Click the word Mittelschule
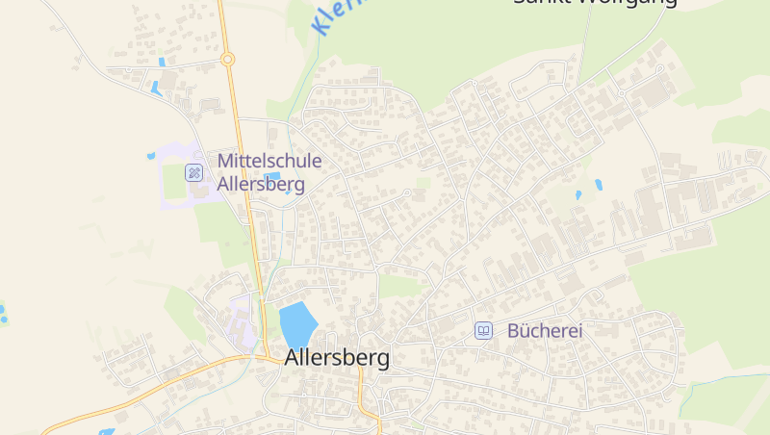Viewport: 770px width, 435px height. click(269, 161)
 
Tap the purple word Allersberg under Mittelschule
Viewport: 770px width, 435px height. click(262, 184)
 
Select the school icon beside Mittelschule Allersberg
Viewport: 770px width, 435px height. click(194, 172)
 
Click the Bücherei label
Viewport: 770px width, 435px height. click(545, 330)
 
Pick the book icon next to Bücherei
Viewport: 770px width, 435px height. click(483, 330)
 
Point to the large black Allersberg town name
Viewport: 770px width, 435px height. click(337, 358)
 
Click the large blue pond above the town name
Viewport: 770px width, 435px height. click(297, 322)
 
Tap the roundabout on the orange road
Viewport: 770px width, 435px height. click(228, 60)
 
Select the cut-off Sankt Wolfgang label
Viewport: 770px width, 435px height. click(594, 3)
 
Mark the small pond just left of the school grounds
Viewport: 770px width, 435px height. click(151, 155)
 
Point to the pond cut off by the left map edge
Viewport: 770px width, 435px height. click(2, 312)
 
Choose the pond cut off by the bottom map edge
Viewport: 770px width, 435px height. click(106, 431)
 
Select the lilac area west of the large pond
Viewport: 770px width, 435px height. click(242, 322)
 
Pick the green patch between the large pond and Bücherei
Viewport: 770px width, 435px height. click(402, 286)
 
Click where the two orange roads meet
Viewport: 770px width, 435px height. click(263, 358)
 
